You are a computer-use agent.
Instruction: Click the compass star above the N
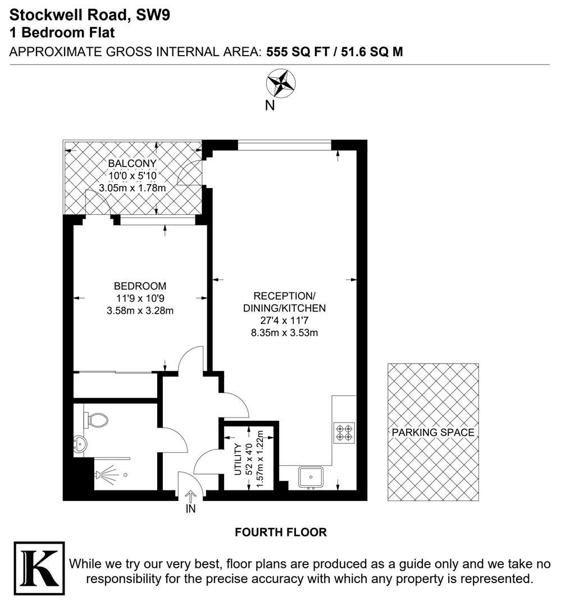coord(281,84)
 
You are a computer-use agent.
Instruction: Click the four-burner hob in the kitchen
coord(344,432)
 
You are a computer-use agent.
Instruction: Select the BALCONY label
coord(132,163)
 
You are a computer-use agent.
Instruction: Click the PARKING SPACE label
coord(433,432)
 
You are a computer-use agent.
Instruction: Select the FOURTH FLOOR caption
coord(280,532)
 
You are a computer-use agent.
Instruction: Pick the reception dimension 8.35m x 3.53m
coord(284,333)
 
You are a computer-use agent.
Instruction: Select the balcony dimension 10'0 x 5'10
coord(133,176)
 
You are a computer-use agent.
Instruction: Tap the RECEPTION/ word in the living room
coord(284,296)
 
